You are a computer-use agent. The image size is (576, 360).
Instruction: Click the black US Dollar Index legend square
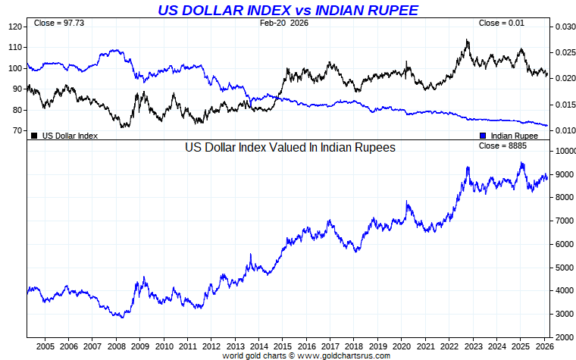click(34, 136)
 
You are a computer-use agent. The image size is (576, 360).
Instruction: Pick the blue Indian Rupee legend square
click(483, 136)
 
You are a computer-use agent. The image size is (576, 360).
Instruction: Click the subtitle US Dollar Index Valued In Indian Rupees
click(290, 148)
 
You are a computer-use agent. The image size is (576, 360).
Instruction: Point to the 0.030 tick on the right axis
click(562, 27)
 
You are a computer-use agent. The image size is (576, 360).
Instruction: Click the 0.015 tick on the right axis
click(562, 105)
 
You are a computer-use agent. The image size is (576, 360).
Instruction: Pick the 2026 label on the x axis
click(543, 346)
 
